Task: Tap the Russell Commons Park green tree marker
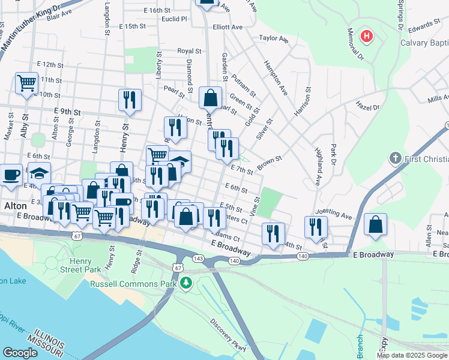coord(186,282)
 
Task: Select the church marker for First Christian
coord(395,158)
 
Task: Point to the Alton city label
coord(15,206)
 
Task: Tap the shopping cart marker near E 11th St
coord(26,83)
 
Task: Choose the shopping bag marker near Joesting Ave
coord(375,226)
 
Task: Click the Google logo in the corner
coord(20,353)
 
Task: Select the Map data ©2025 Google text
coord(412,355)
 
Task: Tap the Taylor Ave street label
coord(273,39)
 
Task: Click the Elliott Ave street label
coord(228,27)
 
